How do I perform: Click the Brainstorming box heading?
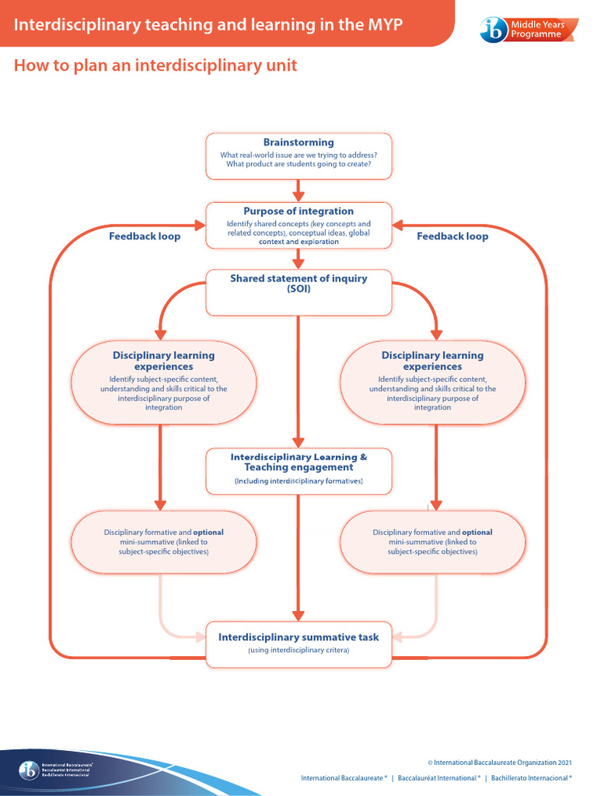pyautogui.click(x=298, y=142)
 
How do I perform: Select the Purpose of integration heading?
pyautogui.click(x=298, y=211)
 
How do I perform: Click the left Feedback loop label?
pyautogui.click(x=145, y=236)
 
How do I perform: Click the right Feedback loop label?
pyautogui.click(x=452, y=236)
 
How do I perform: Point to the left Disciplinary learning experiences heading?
pyautogui.click(x=163, y=361)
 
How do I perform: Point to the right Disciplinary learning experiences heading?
pyautogui.click(x=432, y=361)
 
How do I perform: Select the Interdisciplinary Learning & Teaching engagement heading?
pyautogui.click(x=298, y=462)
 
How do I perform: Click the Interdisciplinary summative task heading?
pyautogui.click(x=298, y=637)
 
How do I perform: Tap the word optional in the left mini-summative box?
pyautogui.click(x=208, y=532)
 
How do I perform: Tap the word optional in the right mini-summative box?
pyautogui.click(x=477, y=532)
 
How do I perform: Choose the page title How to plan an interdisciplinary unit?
pyautogui.click(x=155, y=65)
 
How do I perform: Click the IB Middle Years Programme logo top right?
pyautogui.click(x=529, y=30)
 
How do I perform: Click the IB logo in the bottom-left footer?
pyautogui.click(x=29, y=770)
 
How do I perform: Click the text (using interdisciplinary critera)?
pyautogui.click(x=298, y=650)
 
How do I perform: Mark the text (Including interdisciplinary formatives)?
pyautogui.click(x=298, y=482)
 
